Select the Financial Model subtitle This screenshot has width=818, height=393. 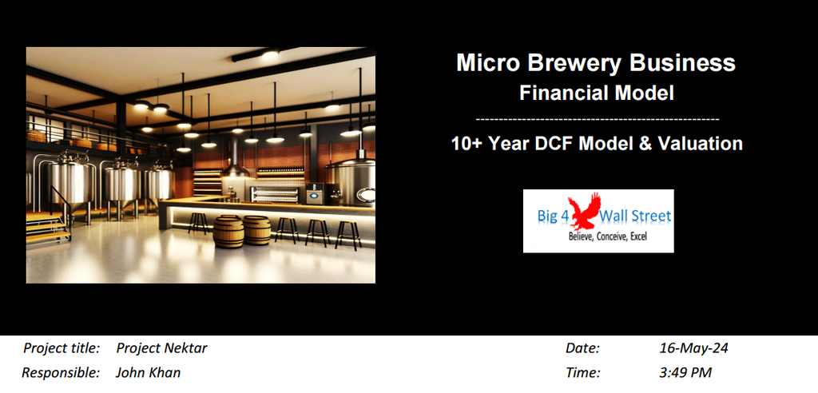597,93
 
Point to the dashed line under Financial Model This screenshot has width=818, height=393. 597,119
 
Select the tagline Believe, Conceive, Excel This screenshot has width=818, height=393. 607,237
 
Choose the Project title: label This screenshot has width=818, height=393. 62,348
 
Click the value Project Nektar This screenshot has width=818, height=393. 161,348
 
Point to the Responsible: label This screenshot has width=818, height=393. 61,372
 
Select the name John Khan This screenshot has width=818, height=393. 148,372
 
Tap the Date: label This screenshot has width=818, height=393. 582,348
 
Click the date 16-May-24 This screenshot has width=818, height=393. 693,348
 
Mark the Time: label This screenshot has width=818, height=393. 582,372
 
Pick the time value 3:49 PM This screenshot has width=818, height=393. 685,372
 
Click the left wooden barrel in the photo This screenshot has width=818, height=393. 228,232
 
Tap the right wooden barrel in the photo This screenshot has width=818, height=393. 256,231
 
